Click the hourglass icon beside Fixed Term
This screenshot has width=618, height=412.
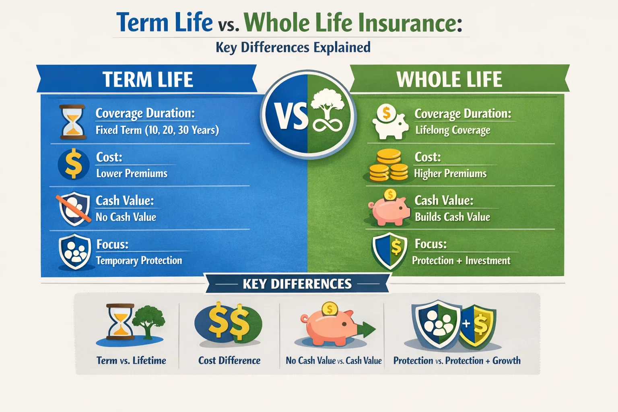[x=72, y=122]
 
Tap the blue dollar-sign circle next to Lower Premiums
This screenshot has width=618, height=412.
[x=73, y=164]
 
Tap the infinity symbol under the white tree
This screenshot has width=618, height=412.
[x=328, y=125]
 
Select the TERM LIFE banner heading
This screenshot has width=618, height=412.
[x=148, y=79]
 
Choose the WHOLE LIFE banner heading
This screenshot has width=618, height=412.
[x=449, y=79]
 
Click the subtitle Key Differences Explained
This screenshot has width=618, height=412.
[x=293, y=47]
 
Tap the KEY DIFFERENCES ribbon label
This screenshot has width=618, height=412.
[x=297, y=284]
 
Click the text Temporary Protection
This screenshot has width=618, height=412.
[x=139, y=261]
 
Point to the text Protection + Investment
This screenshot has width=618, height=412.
[x=461, y=261]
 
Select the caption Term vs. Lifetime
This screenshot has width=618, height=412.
[x=131, y=360]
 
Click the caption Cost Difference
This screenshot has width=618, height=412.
[x=229, y=360]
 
